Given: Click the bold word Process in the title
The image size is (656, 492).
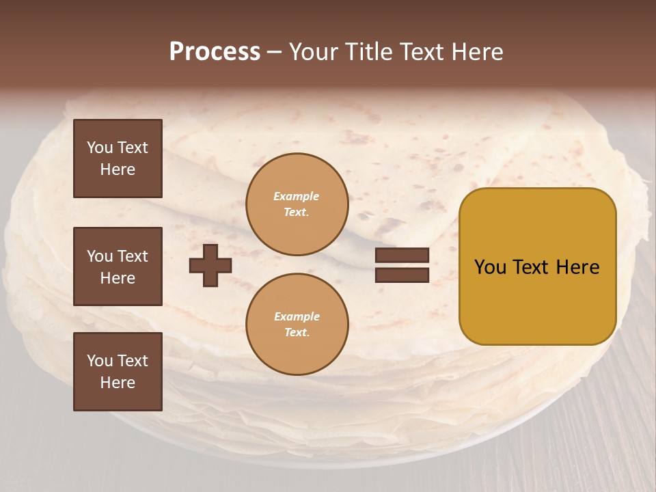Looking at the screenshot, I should coord(215,52).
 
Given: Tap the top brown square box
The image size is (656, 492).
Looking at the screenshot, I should coord(118,159).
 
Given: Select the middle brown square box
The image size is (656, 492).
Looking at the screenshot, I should coord(118,266).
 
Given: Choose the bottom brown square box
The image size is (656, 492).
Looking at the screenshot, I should coord(118,372).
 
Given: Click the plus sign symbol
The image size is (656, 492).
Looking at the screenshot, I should coord(210,265).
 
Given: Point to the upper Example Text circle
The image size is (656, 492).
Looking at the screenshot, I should coord(297,204).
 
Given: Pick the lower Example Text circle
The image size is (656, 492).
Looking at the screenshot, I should coord(297,325).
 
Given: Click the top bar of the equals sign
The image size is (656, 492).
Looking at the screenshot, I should coord(402,256).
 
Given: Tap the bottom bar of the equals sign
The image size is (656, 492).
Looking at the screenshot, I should coord(402,275).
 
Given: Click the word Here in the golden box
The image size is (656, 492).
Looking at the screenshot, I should coord(577,267).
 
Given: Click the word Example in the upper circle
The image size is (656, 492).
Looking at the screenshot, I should coord(297,196).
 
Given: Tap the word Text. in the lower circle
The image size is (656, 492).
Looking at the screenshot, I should coord(297,333).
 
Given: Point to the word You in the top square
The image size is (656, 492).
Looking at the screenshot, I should coord(98,148).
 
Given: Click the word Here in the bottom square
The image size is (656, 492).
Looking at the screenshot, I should coord(118,383).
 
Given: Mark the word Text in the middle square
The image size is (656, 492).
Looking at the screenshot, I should coord(133,256).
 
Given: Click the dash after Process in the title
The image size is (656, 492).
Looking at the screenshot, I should coord(274,52).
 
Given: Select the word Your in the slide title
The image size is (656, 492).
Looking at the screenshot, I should coord(315,52).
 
